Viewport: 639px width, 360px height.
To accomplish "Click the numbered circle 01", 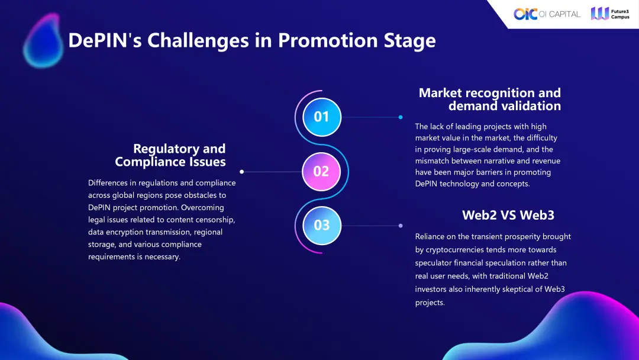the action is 322,117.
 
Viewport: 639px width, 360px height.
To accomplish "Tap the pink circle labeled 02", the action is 321,172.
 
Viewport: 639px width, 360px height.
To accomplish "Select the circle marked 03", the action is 322,226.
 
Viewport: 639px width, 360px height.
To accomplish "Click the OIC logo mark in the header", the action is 525,14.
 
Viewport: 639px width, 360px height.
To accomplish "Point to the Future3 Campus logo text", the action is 620,14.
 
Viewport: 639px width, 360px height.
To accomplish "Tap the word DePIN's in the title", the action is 105,40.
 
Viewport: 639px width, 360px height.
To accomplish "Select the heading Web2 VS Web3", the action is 508,215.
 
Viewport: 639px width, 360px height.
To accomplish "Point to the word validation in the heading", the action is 527,106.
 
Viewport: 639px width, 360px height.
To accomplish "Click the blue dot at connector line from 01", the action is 401,117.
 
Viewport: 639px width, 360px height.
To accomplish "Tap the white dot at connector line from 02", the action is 241,172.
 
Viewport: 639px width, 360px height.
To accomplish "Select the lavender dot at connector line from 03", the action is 401,226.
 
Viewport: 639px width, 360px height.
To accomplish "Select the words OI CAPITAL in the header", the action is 560,14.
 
